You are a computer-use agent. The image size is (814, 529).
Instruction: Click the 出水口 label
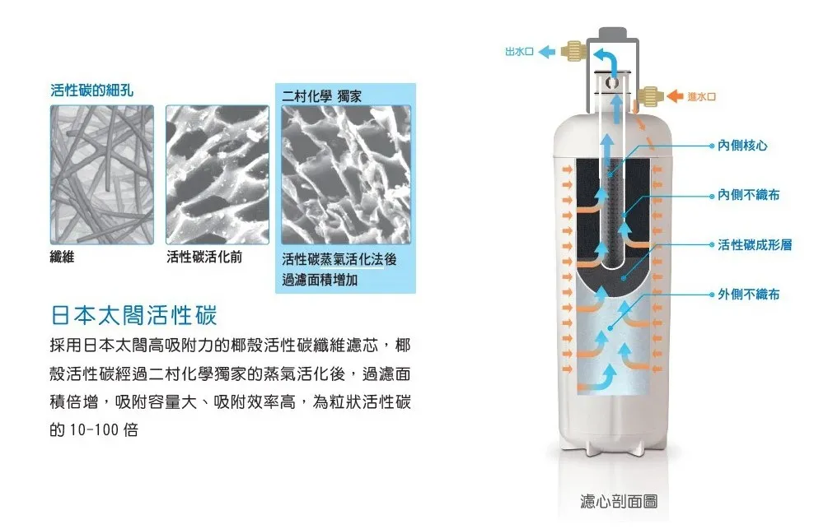coord(519,51)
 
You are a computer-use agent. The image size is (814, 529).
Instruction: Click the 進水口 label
coord(701,96)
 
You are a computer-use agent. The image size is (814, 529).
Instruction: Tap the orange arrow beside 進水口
coord(675,96)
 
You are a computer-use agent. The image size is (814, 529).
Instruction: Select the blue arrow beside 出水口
coord(546,51)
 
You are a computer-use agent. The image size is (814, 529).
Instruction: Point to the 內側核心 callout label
coord(742,146)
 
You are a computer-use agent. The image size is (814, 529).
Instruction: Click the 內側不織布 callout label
coord(749,194)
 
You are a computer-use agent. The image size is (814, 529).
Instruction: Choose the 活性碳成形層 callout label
coord(755,244)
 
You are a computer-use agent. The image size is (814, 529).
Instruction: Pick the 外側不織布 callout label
coord(749,294)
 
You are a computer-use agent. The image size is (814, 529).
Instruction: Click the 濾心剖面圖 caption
coord(619,501)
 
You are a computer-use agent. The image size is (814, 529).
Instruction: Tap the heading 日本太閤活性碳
coord(133,315)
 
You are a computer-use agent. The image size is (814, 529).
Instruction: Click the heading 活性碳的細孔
coord(92,90)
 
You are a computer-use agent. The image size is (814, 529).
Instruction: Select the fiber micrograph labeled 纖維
coord(102,174)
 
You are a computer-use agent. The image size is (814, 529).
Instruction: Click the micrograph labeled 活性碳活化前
coord(218,174)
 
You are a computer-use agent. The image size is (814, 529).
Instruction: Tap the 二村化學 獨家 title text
coord(321,96)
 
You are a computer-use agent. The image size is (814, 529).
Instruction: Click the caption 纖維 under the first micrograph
coord(62,257)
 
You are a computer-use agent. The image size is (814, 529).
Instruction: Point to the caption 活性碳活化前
coord(204,257)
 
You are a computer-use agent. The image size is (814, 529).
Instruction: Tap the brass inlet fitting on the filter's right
coord(649,96)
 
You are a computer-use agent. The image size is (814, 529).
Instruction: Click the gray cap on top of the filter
coord(612,33)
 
